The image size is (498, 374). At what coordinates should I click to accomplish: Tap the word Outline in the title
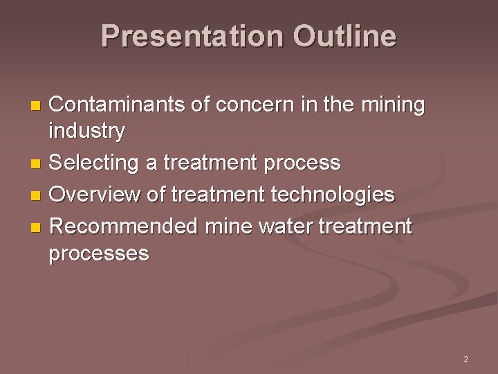(x=344, y=36)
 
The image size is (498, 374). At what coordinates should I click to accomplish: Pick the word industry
(x=86, y=130)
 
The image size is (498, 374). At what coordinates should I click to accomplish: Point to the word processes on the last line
(x=98, y=253)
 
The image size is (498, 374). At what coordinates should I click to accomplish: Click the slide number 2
(x=465, y=359)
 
